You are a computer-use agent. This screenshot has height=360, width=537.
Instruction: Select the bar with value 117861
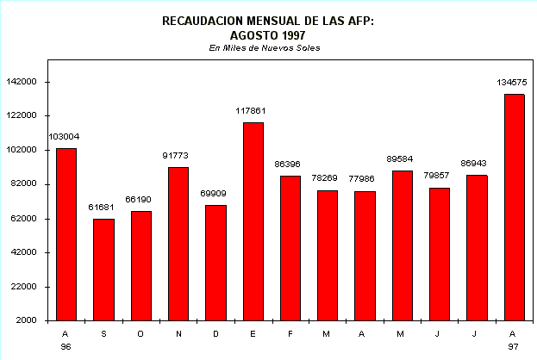tap(253, 221)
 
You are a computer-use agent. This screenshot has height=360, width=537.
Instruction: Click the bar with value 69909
tap(215, 263)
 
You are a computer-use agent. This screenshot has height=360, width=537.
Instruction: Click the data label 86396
tap(290, 164)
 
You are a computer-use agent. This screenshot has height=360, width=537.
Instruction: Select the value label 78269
tap(327, 178)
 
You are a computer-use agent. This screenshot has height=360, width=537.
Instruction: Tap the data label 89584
tap(402, 158)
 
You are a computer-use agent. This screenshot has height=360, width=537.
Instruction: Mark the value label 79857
tap(440, 176)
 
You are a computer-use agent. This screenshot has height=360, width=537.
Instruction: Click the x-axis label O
tap(140, 333)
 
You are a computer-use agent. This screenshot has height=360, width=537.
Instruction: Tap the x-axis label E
tap(253, 333)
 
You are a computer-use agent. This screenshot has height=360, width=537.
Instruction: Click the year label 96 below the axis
tap(66, 345)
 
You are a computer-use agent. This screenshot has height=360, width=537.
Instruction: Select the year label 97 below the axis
tap(514, 345)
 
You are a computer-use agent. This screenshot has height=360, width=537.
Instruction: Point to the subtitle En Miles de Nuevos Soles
tap(265, 48)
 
